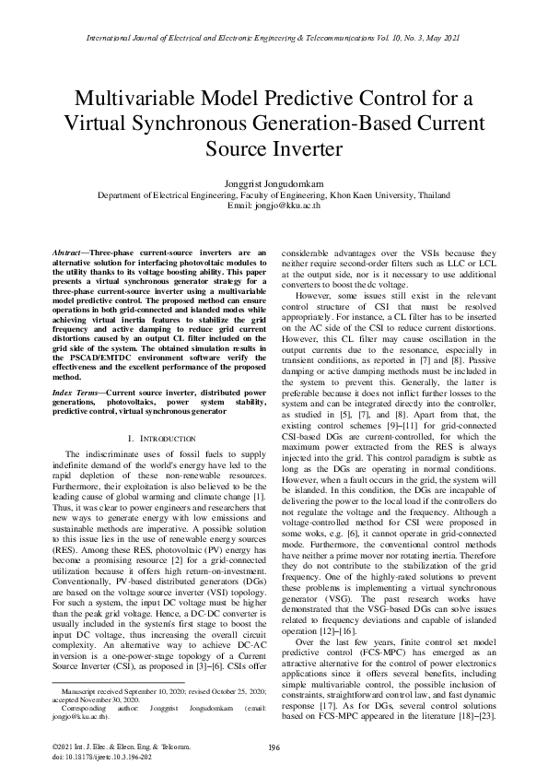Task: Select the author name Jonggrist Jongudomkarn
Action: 274,184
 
